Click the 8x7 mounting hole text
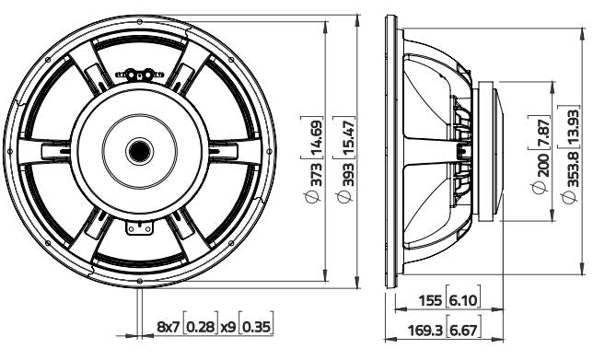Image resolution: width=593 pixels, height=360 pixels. tap(168, 327)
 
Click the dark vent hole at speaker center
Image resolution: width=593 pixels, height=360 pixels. tap(140, 150)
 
